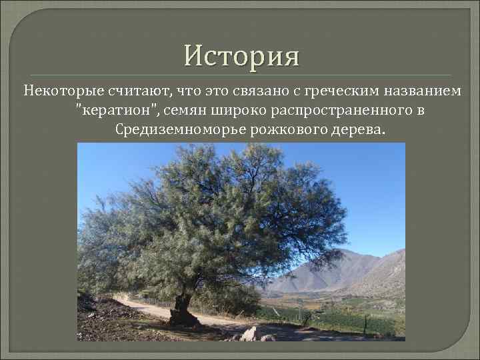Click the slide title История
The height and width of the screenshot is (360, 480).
242,55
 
